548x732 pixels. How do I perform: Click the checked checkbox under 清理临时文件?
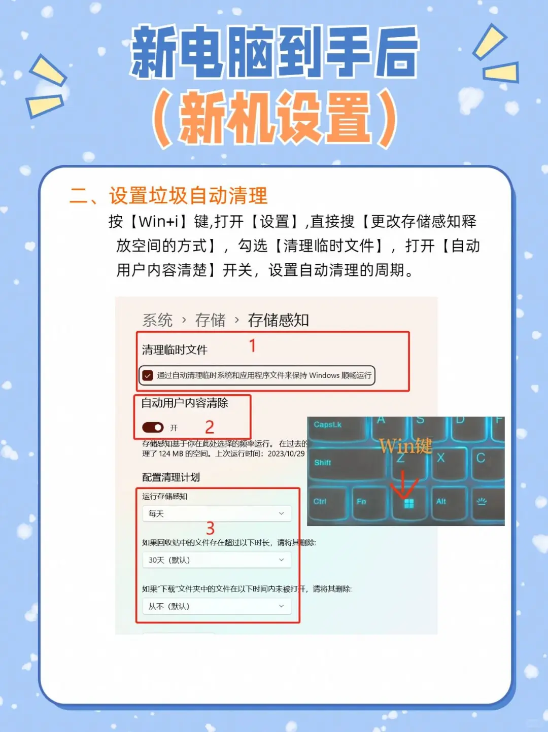(148, 375)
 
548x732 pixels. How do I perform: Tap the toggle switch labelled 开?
(153, 428)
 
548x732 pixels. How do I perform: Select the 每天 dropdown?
(217, 514)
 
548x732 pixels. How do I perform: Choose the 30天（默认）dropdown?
(217, 560)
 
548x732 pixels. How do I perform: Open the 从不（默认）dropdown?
(217, 606)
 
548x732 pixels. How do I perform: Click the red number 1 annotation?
(252, 346)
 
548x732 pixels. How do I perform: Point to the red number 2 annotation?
(210, 427)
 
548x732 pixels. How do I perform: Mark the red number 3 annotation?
(210, 528)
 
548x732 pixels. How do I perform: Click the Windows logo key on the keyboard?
(409, 503)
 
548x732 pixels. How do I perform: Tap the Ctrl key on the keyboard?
(325, 503)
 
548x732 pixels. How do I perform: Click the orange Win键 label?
(405, 446)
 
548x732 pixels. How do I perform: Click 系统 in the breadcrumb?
(157, 320)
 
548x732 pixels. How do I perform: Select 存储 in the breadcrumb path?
(210, 320)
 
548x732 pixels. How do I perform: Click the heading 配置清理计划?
(171, 477)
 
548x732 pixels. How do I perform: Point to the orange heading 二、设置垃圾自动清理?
(168, 196)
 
